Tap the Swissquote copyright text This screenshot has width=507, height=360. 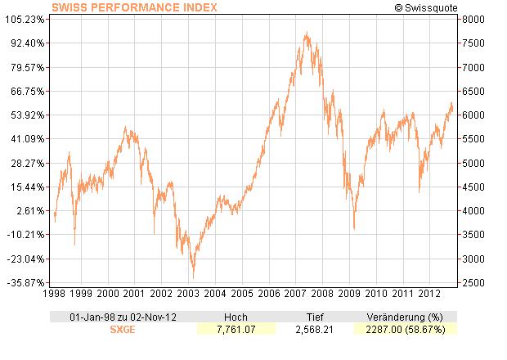pyautogui.click(x=424, y=7)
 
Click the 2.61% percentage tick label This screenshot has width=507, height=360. pyautogui.click(x=32, y=211)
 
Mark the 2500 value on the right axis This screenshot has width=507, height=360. pyautogui.click(x=472, y=283)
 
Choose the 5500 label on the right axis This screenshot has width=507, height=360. pyautogui.click(x=472, y=139)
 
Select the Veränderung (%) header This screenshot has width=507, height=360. pyautogui.click(x=404, y=317)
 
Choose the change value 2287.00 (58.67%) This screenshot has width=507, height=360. pyautogui.click(x=404, y=329)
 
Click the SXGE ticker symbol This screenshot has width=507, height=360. pyautogui.click(x=123, y=329)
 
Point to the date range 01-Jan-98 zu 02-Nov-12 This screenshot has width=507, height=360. pyautogui.click(x=123, y=317)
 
